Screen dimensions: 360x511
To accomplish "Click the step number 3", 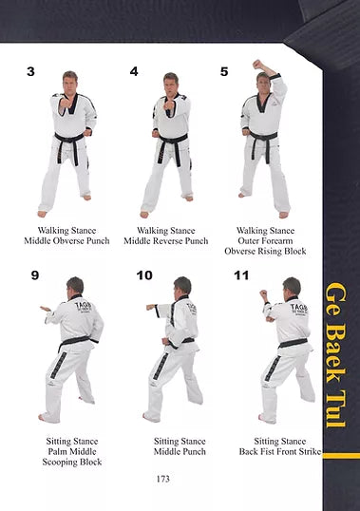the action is (30, 71).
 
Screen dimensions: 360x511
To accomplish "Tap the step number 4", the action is (134, 71).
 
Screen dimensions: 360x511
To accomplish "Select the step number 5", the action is (224, 71).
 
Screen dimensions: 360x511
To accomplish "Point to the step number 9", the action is (35, 275).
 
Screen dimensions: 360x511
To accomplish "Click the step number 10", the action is (144, 275).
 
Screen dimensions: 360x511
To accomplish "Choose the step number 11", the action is (241, 275).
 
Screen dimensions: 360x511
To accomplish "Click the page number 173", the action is (162, 479).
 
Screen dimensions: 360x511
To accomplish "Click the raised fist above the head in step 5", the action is (258, 64).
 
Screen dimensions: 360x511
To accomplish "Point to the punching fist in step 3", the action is (66, 103).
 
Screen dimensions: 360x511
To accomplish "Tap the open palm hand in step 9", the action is (46, 309).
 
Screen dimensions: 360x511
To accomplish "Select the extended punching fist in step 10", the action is (150, 307).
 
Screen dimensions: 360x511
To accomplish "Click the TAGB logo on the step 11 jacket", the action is (298, 309).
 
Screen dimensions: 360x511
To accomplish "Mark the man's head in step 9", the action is (75, 287).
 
